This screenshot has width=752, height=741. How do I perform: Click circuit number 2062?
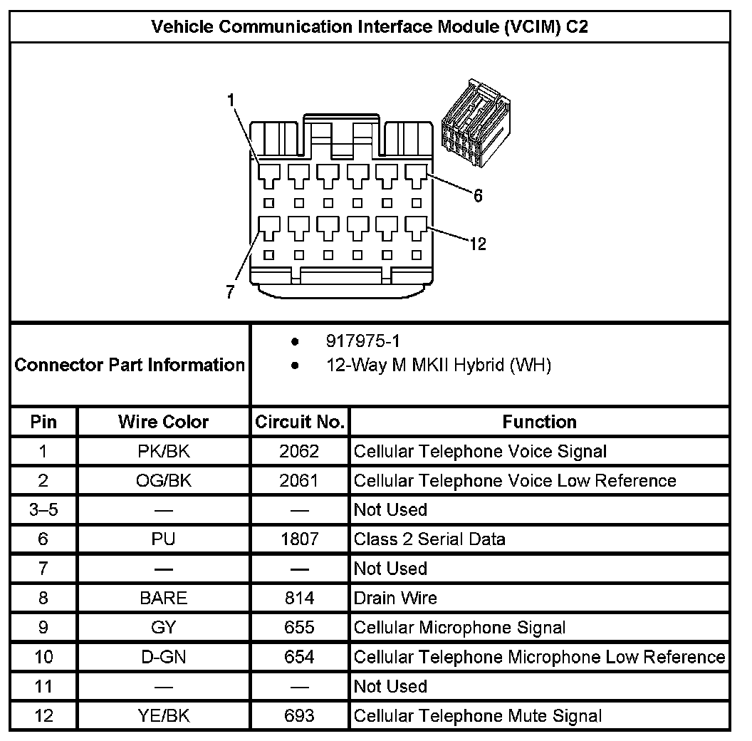[x=299, y=451]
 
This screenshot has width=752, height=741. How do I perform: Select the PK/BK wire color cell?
[x=163, y=451]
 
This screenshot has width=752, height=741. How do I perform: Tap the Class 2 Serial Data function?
[x=429, y=539]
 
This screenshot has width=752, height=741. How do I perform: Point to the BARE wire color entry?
[x=163, y=598]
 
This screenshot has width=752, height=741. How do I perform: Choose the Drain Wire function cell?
[x=395, y=598]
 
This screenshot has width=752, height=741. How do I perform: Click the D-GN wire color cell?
[x=163, y=657]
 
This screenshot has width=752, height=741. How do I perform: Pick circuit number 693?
[x=299, y=715]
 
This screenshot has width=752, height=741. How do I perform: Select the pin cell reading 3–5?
[x=43, y=510]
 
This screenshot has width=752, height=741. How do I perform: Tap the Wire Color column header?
[x=163, y=422]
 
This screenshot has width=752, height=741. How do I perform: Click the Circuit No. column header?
[x=300, y=422]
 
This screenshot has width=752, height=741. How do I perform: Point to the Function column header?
[x=539, y=422]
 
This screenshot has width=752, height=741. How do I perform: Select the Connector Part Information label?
[x=130, y=366]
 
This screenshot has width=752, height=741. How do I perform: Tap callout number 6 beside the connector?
[x=478, y=196]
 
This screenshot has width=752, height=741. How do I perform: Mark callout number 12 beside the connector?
[x=478, y=244]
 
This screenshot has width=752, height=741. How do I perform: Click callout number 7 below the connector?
[x=229, y=292]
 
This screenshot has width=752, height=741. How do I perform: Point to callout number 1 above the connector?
[x=231, y=100]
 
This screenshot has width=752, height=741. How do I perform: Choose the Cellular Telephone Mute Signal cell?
[x=477, y=715]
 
